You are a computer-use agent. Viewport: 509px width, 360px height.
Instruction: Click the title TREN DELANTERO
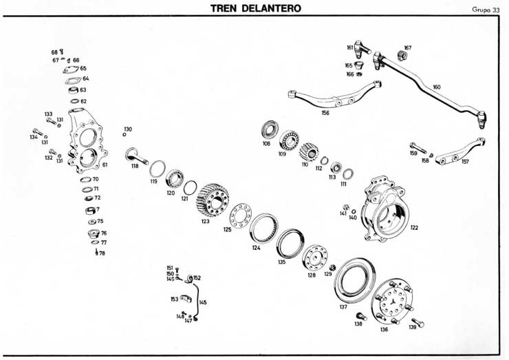click(x=255, y=8)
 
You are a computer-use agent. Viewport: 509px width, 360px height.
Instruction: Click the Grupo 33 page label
click(x=485, y=10)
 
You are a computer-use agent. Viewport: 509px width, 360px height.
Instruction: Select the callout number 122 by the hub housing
click(x=414, y=227)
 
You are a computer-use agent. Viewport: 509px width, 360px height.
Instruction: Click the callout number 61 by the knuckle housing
click(x=105, y=165)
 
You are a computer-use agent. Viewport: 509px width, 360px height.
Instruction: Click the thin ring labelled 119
click(x=157, y=167)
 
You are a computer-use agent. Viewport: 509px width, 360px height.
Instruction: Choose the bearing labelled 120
click(x=173, y=178)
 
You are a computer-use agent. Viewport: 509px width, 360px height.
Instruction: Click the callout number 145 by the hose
click(x=202, y=302)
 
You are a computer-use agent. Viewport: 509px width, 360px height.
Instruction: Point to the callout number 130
click(x=128, y=129)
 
